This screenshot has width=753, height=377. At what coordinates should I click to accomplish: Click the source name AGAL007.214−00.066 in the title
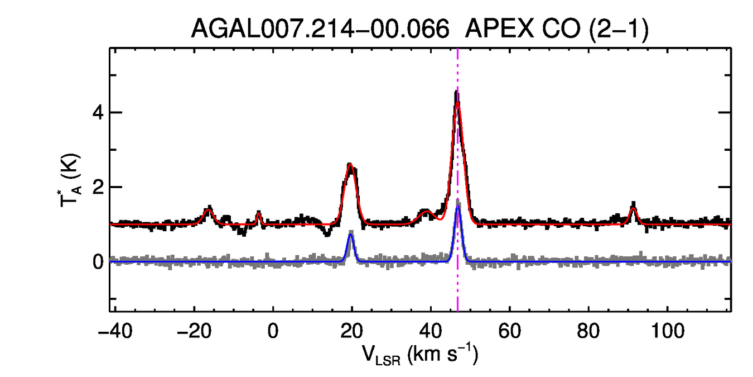[320, 28]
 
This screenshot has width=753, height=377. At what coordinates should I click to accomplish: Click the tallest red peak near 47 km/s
[457, 103]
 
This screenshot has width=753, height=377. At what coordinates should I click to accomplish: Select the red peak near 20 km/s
[350, 164]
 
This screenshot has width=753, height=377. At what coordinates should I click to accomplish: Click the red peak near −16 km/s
[209, 210]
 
